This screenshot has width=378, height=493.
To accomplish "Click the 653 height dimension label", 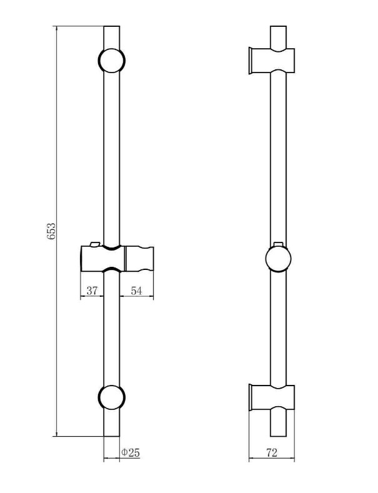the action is point(51,231).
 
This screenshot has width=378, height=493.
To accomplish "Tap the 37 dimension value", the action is point(92,291).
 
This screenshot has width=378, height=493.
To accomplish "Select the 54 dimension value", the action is point(136,291).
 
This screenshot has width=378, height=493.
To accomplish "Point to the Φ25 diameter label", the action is point(130,452).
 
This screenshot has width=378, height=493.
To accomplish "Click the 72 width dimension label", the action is point(272,452).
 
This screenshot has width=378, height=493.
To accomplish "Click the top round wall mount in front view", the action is point(112,61).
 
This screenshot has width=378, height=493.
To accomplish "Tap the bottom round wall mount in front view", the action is point(112,397).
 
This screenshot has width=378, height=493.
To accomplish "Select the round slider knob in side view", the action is point(278,259).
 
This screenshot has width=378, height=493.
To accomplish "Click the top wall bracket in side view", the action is point(272,61).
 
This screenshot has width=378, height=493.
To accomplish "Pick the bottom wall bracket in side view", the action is point(272,397).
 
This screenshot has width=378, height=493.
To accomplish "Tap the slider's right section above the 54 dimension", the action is point(139,259).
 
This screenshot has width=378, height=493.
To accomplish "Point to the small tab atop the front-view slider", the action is point(95,244).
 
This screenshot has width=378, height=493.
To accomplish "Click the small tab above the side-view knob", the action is point(278,244).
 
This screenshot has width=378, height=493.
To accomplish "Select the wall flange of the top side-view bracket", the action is point(251,61).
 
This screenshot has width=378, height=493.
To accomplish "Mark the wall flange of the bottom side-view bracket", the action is point(251,397).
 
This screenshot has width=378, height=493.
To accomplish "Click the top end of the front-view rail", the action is point(112,26).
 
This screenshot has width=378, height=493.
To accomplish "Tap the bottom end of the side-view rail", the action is point(278,436).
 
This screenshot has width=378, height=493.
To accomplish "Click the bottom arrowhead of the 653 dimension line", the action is point(57,433).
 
